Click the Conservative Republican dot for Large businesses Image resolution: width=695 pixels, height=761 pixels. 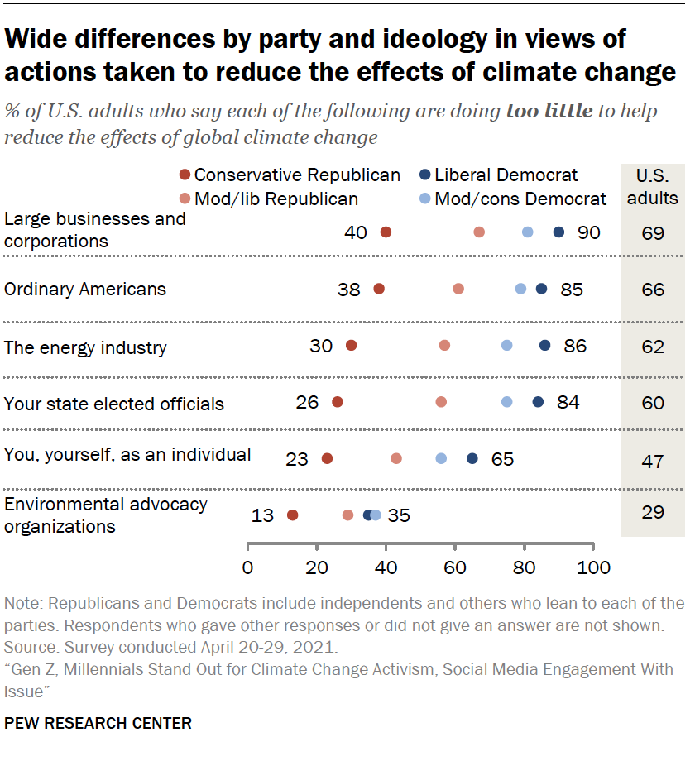coord(386,232)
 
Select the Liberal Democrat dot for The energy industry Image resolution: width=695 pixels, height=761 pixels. coord(544,345)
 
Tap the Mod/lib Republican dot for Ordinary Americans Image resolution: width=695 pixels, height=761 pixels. coord(458,289)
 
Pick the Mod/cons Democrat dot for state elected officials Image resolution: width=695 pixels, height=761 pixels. coord(506,401)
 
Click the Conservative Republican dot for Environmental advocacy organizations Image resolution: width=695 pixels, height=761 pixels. coord(292,515)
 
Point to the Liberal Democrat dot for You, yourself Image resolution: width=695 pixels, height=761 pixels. coord(472,458)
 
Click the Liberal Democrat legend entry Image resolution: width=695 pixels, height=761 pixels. coord(498,175)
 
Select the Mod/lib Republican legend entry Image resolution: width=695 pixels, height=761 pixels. coord(270,199)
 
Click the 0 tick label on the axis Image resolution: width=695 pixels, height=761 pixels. coord(248,567)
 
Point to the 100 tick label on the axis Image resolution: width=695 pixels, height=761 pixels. coord(592,567)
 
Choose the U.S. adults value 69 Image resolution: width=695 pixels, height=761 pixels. coord(652,233)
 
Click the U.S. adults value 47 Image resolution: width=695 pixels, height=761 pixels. coord(652,461)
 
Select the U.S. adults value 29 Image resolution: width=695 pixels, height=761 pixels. coord(652,514)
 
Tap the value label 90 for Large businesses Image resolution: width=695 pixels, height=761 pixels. coord(588,232)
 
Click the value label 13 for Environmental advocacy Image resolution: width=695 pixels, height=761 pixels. coord(262,515)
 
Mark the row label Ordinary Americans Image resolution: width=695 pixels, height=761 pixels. coord(85,289)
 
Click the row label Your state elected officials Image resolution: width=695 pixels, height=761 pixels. coord(114,404)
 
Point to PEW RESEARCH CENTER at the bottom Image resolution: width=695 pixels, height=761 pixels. coord(98,723)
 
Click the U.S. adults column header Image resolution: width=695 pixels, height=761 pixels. coord(652,186)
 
